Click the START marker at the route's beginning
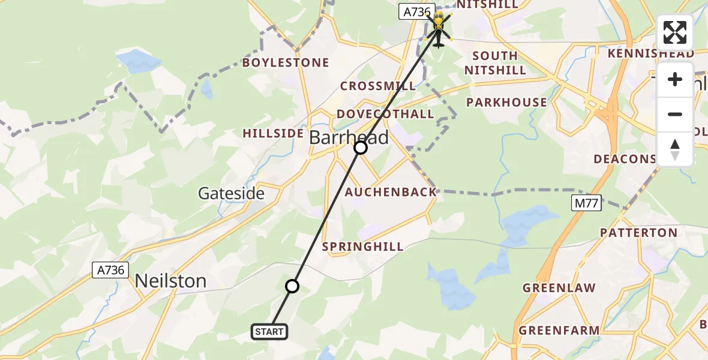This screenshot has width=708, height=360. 270,332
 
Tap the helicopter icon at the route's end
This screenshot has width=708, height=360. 439,28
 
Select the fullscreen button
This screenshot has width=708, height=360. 675,32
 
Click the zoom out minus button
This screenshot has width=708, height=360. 675,114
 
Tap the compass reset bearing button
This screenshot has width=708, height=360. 675,149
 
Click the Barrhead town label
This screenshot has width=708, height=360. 349,137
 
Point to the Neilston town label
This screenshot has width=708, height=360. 170,281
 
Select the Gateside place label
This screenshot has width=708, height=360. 231,193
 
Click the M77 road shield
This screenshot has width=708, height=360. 586,203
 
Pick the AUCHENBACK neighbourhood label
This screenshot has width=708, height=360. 391,193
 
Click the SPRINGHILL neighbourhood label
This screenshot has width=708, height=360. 363,247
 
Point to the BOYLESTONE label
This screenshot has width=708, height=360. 286,62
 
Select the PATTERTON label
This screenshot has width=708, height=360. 638,232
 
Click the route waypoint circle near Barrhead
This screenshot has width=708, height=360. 361,148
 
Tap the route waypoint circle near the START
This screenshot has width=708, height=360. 292,286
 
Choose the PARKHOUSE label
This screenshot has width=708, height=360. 507,102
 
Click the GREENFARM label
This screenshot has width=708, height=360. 559,331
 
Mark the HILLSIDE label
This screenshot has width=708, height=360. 273,133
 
